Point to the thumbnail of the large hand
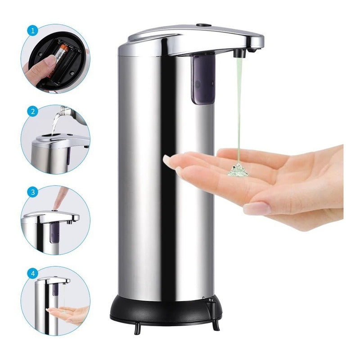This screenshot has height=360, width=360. tap(258, 208)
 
